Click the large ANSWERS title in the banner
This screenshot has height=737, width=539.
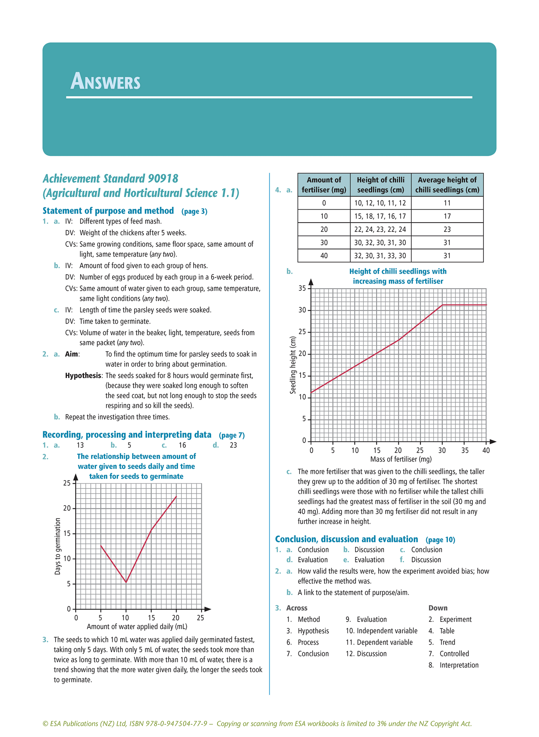coord(106,81)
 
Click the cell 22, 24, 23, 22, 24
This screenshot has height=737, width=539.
coord(380,229)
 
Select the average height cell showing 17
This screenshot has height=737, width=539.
coord(447,216)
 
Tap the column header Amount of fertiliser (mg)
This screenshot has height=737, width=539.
coord(324,185)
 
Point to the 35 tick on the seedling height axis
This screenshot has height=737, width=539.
coord(302,288)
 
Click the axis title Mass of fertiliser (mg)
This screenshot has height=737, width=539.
coord(401,459)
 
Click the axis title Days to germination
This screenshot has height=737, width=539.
coord(57,546)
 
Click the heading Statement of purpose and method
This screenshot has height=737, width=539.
coord(108,211)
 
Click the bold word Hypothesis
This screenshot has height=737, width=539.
coord(83,376)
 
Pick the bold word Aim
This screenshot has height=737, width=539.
coord(72,354)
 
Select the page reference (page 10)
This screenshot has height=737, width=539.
coord(440,540)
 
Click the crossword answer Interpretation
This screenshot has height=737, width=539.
coord(459,665)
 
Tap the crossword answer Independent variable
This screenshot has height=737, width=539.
coord(387,631)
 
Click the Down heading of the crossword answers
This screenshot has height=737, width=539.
coord(438,608)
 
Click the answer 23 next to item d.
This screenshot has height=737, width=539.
coord(233,445)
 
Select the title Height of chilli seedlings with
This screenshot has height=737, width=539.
coord(398,271)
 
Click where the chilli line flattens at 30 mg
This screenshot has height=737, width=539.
coord(442,305)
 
